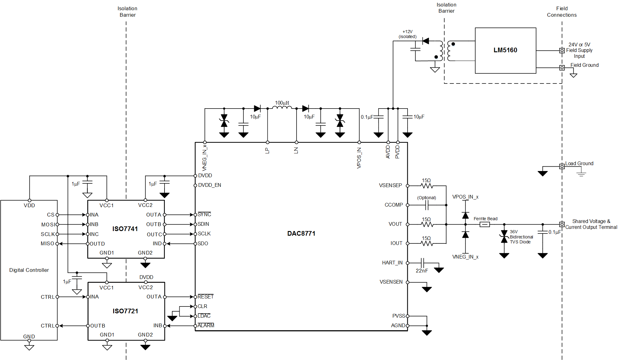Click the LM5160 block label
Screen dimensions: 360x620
[x=505, y=50]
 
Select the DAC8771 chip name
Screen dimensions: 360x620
[x=301, y=234]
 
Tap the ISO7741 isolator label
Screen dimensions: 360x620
[x=125, y=229]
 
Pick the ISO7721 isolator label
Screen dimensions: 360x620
[x=125, y=311]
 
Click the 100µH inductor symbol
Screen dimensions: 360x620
[x=282, y=108]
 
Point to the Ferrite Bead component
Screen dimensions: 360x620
[x=485, y=225]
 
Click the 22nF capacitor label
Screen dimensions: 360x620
[x=422, y=271]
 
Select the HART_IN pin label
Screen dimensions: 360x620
[x=392, y=263]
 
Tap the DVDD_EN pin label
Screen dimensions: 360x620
[x=209, y=185]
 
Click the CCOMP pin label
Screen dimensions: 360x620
[x=393, y=205]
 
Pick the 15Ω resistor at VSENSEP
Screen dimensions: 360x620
[x=427, y=186]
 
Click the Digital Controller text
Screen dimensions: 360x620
[x=29, y=270]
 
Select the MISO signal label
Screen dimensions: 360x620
[x=47, y=244]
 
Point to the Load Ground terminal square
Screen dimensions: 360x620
[x=562, y=166]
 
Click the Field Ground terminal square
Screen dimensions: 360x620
[x=562, y=68]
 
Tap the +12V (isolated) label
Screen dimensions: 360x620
[x=407, y=34]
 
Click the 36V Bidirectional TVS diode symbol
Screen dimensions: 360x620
[x=504, y=237]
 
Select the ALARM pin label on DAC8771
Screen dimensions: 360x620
[x=206, y=325]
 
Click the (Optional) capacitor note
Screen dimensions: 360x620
[x=426, y=198]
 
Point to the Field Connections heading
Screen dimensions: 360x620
[x=562, y=12]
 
